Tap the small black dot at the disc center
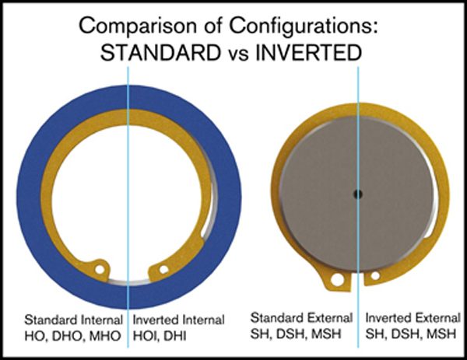click(357, 194)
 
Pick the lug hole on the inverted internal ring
click(163, 271)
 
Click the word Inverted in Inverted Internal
click(154, 320)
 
